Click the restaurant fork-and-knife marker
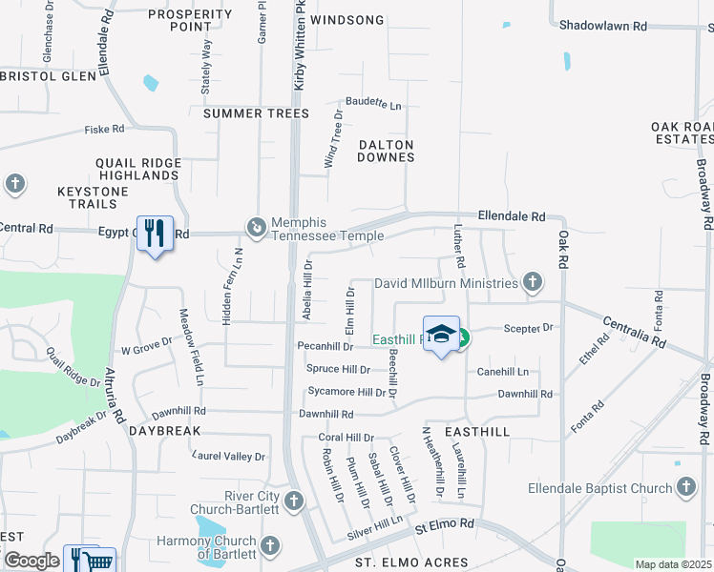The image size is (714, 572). [x=155, y=233]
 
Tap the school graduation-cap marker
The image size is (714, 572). [x=440, y=334]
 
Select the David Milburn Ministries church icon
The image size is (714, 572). [x=533, y=282]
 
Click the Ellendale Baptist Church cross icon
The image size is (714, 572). [x=685, y=488]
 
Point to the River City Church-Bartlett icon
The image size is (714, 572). [x=294, y=500]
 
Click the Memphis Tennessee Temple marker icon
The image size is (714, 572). [x=256, y=228]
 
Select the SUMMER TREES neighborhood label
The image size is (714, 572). [x=257, y=113]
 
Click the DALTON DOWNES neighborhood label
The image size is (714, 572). [x=386, y=151]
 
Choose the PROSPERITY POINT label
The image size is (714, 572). [x=191, y=20]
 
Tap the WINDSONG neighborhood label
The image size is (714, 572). [x=347, y=20]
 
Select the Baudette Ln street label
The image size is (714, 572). [x=373, y=103]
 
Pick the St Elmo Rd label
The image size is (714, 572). [x=443, y=524]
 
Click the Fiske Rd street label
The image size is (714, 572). [x=105, y=129]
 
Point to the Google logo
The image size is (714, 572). [x=31, y=561]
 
